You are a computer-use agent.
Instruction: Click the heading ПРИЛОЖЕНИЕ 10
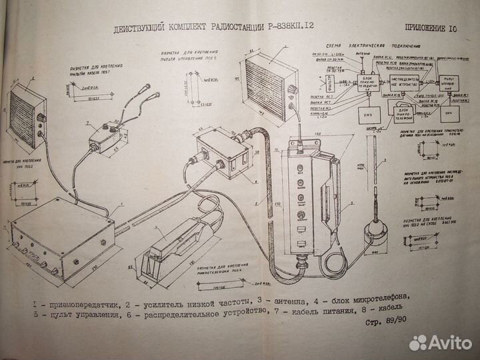coord(431,27)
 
